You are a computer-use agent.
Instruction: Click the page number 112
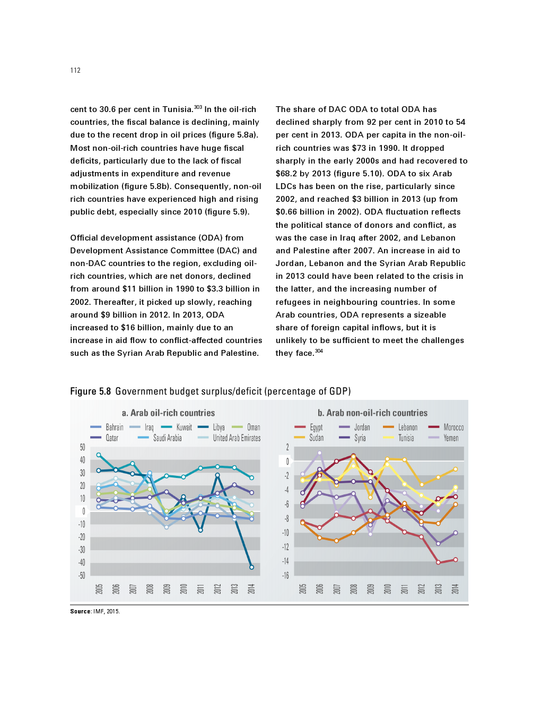tap(75, 70)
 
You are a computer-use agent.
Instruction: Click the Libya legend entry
tap(219, 427)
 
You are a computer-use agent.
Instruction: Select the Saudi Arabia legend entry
tap(167, 438)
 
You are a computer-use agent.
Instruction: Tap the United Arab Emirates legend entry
tap(237, 438)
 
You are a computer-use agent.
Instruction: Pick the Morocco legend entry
tap(453, 427)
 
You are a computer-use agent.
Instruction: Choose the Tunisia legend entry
tap(406, 438)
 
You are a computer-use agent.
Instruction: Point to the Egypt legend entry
tap(316, 427)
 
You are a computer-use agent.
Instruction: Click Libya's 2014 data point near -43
tap(251, 567)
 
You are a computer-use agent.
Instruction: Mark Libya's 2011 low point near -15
tap(200, 530)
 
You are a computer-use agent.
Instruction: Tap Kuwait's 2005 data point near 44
tap(99, 455)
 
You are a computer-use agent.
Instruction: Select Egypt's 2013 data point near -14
tap(438, 562)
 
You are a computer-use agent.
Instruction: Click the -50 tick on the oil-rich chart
tap(82, 576)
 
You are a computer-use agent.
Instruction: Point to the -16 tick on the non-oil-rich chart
tap(285, 576)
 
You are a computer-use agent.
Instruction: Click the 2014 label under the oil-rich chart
tap(251, 589)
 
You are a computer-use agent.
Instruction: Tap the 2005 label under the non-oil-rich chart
tap(303, 589)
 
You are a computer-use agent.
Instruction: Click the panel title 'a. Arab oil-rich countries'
tap(168, 413)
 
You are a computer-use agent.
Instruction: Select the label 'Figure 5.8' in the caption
tap(91, 391)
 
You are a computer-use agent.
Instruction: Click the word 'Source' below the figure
tap(81, 611)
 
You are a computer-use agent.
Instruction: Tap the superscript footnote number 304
tap(319, 351)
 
